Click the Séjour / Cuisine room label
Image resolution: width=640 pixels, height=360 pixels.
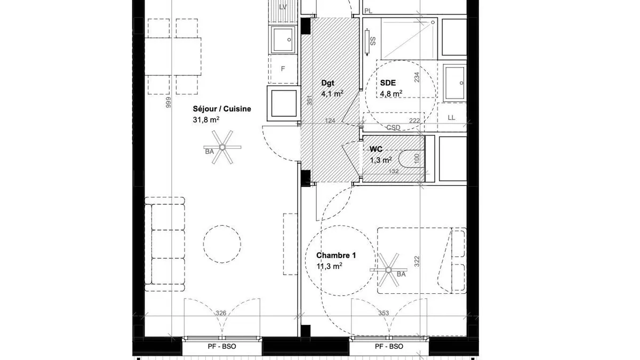(222, 109)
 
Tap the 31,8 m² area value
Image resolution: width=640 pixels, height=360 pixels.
(206, 119)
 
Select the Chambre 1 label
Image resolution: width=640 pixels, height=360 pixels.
(336, 255)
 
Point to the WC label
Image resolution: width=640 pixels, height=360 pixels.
(375, 149)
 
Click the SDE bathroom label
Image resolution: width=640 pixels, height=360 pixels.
(388, 83)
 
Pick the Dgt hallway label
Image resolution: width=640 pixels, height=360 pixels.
(327, 83)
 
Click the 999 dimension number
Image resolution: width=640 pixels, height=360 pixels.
(169, 102)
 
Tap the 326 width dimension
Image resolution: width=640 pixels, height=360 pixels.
(221, 313)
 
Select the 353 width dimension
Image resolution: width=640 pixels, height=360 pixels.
(383, 313)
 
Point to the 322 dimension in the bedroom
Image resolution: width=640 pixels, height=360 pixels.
(417, 261)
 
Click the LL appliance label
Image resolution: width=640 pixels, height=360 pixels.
(451, 118)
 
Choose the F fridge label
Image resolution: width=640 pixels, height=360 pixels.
(283, 69)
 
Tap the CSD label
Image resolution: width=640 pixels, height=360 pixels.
(394, 127)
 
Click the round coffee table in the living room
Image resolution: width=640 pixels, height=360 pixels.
(222, 244)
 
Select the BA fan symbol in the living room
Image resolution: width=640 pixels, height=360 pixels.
(222, 147)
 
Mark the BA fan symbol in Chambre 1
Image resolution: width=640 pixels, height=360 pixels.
(388, 270)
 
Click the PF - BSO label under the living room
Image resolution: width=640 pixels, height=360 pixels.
(222, 347)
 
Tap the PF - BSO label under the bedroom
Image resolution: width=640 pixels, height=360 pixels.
(389, 347)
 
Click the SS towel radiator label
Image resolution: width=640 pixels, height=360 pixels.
(373, 42)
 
